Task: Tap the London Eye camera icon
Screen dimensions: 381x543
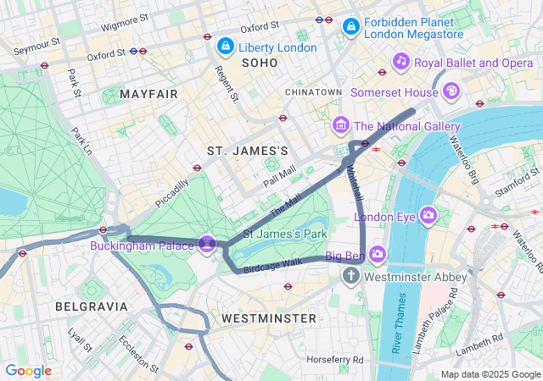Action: (428, 216)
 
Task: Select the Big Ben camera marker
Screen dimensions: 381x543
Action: (377, 253)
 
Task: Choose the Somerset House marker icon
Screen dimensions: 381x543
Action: (452, 90)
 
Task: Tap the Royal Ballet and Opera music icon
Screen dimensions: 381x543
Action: (401, 62)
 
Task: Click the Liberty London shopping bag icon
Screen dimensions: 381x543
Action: (225, 47)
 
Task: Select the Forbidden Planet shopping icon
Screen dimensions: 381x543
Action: (350, 28)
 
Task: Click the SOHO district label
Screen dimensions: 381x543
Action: (259, 63)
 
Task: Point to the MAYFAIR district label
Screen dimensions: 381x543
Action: (149, 94)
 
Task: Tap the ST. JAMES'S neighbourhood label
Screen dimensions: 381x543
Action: (248, 151)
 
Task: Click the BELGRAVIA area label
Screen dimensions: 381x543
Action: (91, 306)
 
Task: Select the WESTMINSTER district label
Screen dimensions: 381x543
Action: (268, 318)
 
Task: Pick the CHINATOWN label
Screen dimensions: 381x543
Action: (313, 91)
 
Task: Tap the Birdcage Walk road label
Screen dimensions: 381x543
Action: (272, 265)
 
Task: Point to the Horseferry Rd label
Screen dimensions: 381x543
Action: (335, 360)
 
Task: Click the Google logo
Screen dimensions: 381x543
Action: (28, 371)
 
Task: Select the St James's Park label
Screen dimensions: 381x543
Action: (285, 233)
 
